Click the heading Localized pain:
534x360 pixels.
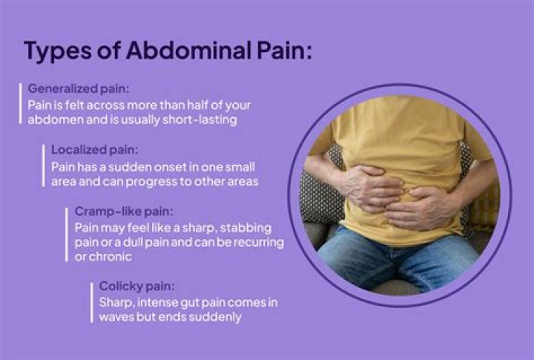94,150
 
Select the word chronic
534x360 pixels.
112,256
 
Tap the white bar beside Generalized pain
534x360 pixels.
22,104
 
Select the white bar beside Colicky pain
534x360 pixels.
93,301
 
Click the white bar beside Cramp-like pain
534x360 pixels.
67,234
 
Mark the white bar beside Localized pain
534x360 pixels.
44,166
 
